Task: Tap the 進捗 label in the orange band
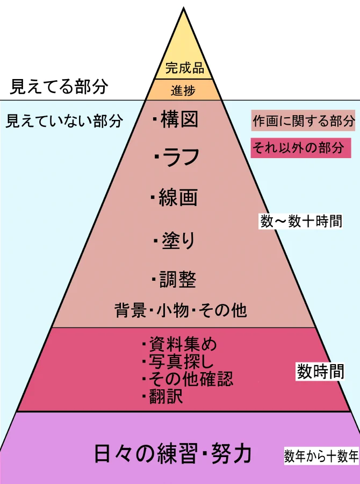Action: pyautogui.click(x=183, y=91)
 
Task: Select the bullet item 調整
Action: pyautogui.click(x=174, y=280)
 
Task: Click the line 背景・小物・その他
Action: pyautogui.click(x=181, y=310)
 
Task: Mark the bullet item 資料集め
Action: pyautogui.click(x=179, y=343)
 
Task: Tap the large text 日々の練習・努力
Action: pyautogui.click(x=172, y=453)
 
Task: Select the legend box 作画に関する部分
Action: pyautogui.click(x=304, y=121)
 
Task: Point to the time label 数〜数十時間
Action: pyautogui.click(x=301, y=221)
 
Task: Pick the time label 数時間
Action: pyautogui.click(x=320, y=372)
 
